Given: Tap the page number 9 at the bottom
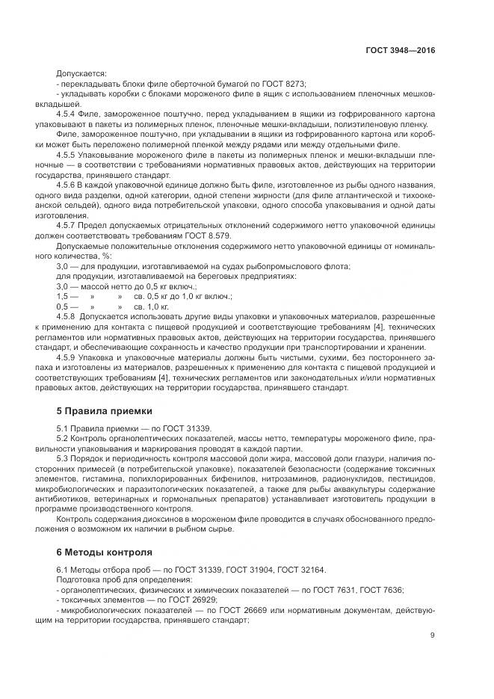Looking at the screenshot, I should click(432, 635).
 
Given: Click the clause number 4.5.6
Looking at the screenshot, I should click(67, 183).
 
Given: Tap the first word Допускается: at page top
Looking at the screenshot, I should click(81, 73).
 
